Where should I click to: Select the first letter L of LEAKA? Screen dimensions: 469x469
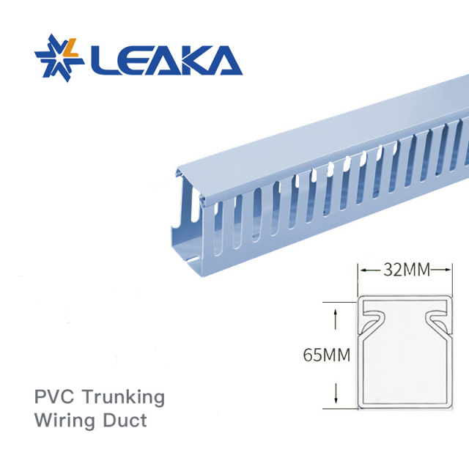(102, 60)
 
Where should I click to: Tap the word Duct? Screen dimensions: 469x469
(126, 421)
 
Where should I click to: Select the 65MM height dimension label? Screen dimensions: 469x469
(326, 355)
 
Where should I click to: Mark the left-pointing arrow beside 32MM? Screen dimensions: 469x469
(364, 270)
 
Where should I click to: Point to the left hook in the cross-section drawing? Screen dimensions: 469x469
(373, 317)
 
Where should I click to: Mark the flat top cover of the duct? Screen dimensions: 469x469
(315, 139)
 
